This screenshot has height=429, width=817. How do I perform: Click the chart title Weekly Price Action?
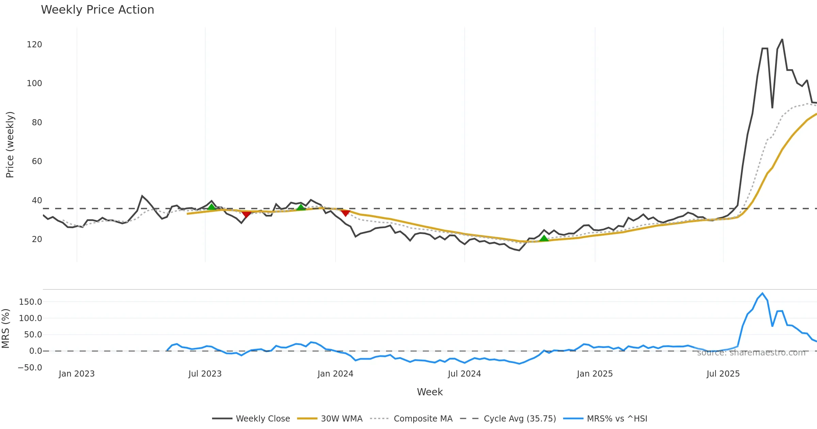point(97,10)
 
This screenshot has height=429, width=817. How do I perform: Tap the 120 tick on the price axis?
point(34,45)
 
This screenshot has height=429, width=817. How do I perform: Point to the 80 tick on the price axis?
point(37,123)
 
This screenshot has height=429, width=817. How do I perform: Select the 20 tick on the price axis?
point(37,239)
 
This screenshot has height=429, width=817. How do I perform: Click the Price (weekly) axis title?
point(10,145)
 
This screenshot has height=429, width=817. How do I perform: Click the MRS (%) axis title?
point(5,329)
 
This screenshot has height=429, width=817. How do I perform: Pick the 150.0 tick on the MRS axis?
point(30,302)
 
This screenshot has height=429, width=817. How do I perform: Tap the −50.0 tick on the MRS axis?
point(30,368)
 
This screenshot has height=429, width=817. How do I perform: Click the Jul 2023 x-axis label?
point(205,374)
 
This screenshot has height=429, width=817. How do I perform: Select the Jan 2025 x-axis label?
point(595,374)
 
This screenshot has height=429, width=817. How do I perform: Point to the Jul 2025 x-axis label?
point(723,374)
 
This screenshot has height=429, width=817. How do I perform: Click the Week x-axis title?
point(430,392)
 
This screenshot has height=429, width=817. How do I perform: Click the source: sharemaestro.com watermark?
point(751,353)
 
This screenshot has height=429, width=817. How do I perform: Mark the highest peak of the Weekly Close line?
point(782,39)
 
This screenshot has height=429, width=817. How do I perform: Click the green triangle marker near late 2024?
point(544,238)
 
